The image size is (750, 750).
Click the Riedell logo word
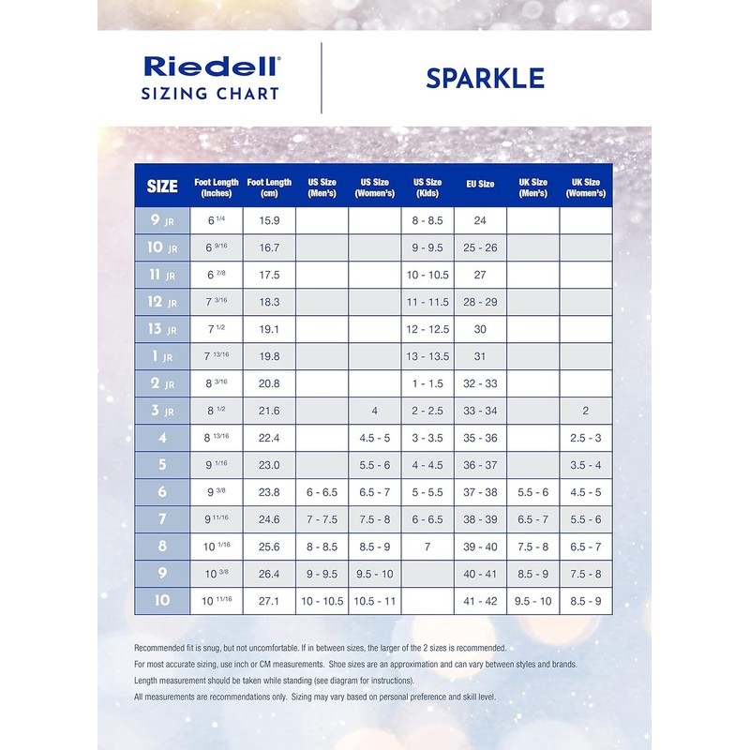(211, 67)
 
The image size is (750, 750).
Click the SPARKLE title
(485, 78)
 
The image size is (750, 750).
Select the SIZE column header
(162, 187)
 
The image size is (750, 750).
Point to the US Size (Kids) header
(427, 187)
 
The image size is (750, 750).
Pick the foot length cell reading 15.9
(270, 221)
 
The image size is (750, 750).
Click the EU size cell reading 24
(480, 221)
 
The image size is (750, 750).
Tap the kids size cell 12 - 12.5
(427, 330)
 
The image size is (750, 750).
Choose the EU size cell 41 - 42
(480, 601)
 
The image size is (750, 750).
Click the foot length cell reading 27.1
(270, 601)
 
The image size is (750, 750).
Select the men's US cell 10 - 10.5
(322, 601)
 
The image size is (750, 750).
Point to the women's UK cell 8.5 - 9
(586, 601)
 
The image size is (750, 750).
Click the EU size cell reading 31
(480, 357)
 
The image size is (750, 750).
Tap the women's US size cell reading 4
(374, 412)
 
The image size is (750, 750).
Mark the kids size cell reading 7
(427, 547)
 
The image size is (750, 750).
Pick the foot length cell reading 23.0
(270, 465)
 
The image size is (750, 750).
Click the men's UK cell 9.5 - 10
(532, 601)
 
